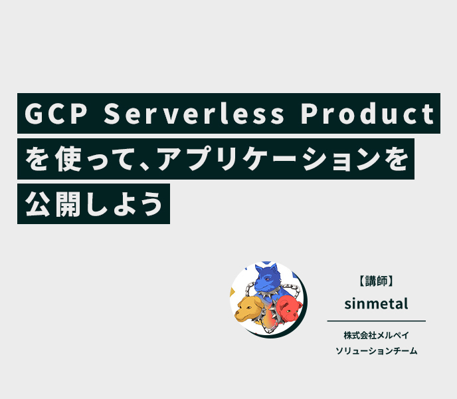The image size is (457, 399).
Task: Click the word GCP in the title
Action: point(56,114)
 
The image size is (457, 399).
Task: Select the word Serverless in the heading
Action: point(194,114)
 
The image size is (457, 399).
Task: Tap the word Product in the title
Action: point(368,114)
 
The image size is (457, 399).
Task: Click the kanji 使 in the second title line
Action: point(68,159)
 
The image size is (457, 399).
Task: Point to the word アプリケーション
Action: point(269,159)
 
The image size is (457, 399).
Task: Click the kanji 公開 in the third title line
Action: point(52,204)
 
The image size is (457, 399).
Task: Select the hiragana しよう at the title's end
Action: point(124,204)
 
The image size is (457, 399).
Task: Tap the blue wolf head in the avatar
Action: point(266,278)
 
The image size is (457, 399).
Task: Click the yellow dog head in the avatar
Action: point(250,309)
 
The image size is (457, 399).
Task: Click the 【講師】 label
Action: point(376,281)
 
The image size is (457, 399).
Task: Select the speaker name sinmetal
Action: point(376,303)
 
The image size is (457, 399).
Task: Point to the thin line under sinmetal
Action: point(376,321)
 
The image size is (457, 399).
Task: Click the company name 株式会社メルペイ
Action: point(376,335)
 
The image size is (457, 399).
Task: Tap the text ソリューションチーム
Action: point(376,350)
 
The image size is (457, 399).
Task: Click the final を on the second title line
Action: point(395,159)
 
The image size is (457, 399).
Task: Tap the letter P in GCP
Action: point(79,114)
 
